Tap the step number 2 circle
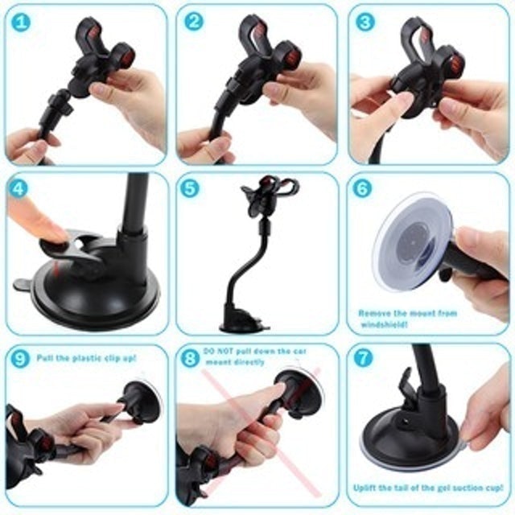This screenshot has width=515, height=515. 193,22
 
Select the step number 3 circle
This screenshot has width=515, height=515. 365,22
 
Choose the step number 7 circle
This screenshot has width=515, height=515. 364,358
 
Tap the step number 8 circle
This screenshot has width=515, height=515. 190,358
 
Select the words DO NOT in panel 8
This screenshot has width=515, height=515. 216,352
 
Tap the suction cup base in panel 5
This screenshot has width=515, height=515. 245,324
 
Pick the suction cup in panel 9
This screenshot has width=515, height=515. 143,400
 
